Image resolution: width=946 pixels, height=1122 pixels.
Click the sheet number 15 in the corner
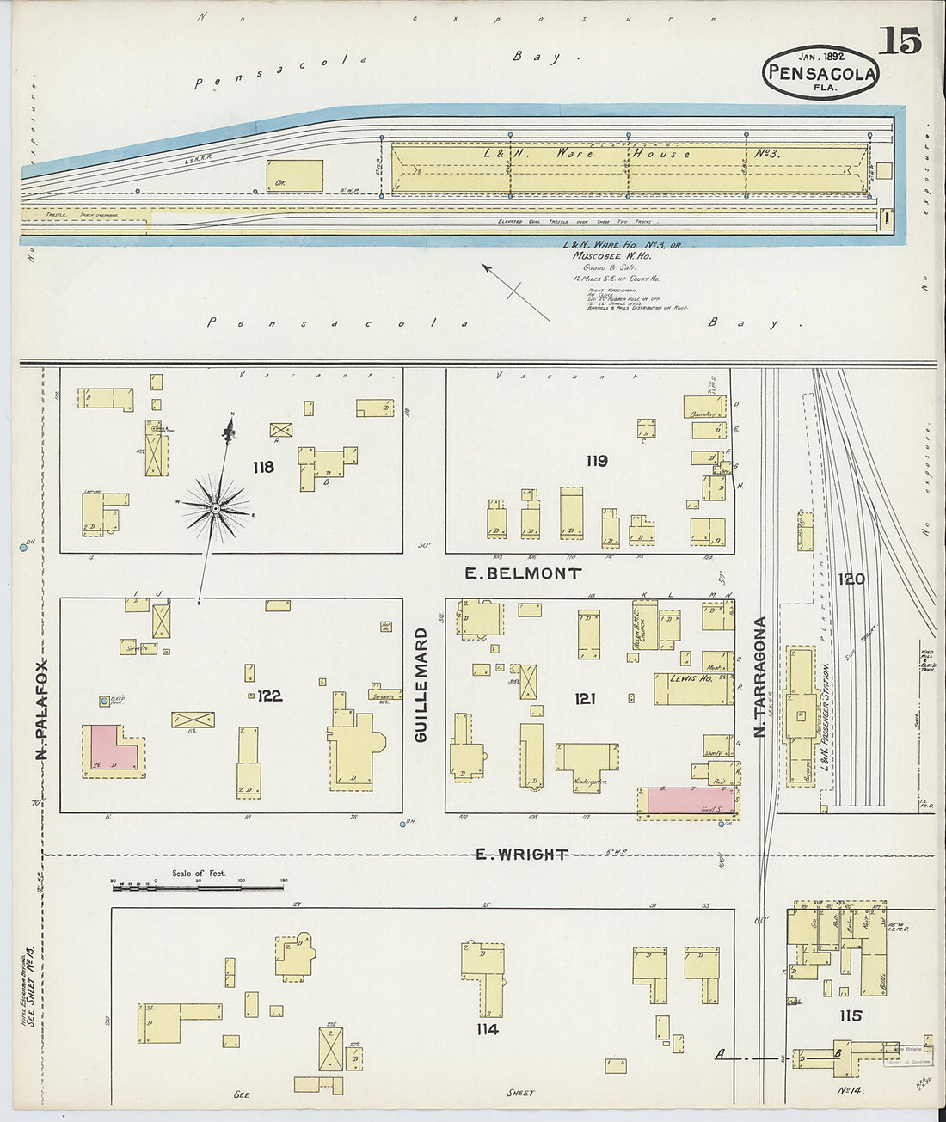coord(900,40)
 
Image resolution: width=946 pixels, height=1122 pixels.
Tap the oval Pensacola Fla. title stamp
coord(820,72)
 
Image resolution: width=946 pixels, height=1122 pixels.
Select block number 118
coord(263,467)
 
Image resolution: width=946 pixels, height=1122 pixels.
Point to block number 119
coord(597,461)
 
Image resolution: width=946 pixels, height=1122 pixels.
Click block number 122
coord(269,696)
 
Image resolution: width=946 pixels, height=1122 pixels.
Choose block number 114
coord(487,1028)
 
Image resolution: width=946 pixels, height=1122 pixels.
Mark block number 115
coord(850,1015)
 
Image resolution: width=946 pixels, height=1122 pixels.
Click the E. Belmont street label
coord(523,573)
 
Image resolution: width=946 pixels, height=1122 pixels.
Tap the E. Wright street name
coord(521,854)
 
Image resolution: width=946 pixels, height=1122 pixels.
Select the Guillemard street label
coord(421,685)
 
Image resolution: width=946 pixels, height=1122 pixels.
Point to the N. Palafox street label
coord(40,709)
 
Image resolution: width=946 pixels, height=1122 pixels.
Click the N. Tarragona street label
coord(759,678)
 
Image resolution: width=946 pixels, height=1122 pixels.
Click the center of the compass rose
coord(215,510)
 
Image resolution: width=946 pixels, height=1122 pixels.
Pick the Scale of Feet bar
coord(198,882)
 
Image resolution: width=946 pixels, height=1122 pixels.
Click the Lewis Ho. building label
coord(691,678)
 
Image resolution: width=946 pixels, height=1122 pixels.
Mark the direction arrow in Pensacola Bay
coord(515,291)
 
